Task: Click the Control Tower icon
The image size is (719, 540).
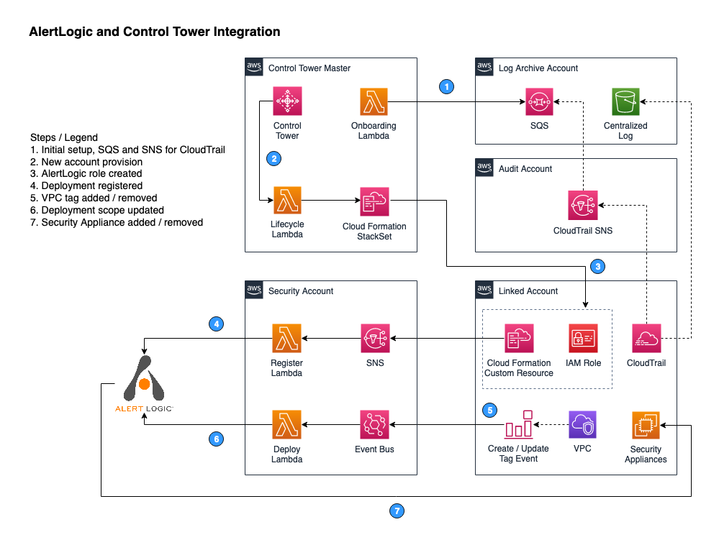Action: [x=287, y=101]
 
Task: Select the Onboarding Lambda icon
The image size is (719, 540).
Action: [x=374, y=101]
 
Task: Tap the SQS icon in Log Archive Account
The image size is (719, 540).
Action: [x=538, y=101]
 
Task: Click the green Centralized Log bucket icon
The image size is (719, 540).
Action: [x=625, y=101]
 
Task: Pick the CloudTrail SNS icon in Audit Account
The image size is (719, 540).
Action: [x=582, y=205]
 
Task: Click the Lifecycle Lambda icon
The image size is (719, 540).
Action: [x=287, y=201]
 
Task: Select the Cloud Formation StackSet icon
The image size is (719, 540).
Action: [x=374, y=201]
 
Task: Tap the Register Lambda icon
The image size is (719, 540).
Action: [x=287, y=338]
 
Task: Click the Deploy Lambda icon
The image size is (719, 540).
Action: [x=287, y=424]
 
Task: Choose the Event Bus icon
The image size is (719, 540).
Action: [x=374, y=424]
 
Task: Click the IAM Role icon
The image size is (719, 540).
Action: [x=582, y=338]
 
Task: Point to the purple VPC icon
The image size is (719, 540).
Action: [x=582, y=424]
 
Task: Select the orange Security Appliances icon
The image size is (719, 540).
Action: [x=646, y=425]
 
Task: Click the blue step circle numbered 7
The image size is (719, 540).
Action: [x=397, y=511]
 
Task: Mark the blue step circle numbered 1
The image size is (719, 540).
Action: [x=446, y=87]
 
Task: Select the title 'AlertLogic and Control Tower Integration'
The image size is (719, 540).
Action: [x=154, y=32]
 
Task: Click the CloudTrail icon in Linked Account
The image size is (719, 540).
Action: [x=646, y=338]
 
